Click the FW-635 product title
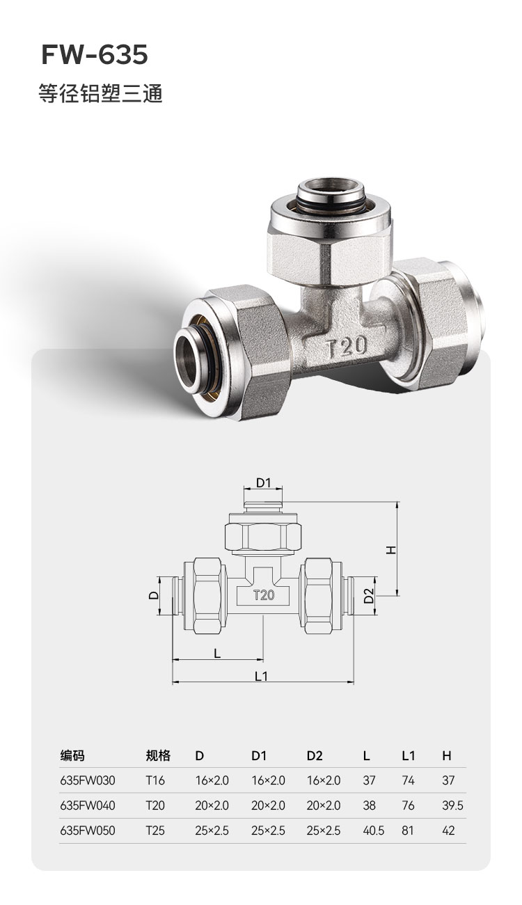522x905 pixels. tap(95, 55)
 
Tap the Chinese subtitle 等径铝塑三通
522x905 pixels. tap(101, 94)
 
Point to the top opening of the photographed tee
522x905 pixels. tap(330, 194)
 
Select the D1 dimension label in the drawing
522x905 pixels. tap(263, 482)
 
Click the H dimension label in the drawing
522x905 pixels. tap(390, 550)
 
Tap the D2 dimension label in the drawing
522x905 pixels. tap(369, 595)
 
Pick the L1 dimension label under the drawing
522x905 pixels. tap(262, 676)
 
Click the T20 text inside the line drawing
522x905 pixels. tap(263, 595)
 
